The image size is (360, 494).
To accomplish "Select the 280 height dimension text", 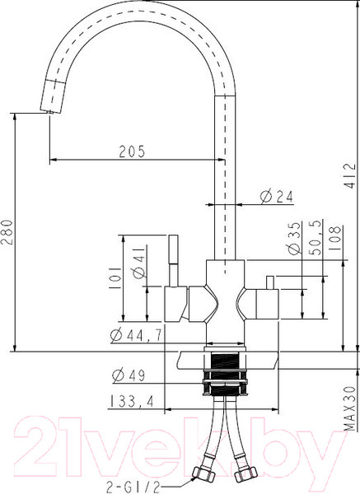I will coord(7,233).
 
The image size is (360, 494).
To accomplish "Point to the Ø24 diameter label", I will coord(277,196).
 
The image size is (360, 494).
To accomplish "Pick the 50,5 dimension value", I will coord(315,239).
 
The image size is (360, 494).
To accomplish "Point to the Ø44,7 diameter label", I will coord(136,334).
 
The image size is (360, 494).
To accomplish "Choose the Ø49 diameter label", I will coord(128,375).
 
